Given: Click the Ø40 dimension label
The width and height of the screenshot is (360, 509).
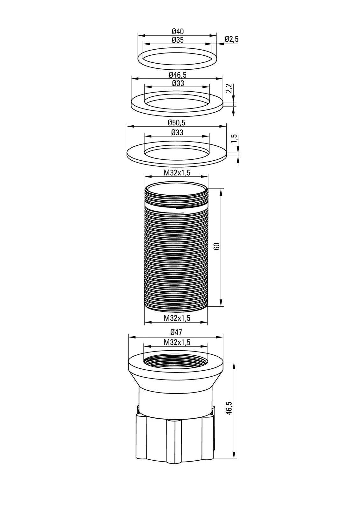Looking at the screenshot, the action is pyautogui.click(x=178, y=31).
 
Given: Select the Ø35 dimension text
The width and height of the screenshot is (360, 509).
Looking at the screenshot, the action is pyautogui.click(x=178, y=40).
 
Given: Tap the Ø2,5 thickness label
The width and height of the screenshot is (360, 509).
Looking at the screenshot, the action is pyautogui.click(x=231, y=39).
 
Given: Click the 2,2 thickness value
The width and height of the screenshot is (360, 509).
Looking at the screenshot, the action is pyautogui.click(x=229, y=88).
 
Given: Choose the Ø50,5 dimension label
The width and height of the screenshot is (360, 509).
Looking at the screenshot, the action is pyautogui.click(x=177, y=123).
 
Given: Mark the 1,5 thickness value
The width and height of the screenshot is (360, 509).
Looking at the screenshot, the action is pyautogui.click(x=234, y=139).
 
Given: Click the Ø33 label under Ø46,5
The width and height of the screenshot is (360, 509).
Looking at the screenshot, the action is pyautogui.click(x=178, y=83).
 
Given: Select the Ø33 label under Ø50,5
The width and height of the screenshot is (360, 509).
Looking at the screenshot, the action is pyautogui.click(x=177, y=132).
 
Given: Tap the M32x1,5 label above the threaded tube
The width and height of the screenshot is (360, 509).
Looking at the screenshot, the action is pyautogui.click(x=177, y=173).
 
